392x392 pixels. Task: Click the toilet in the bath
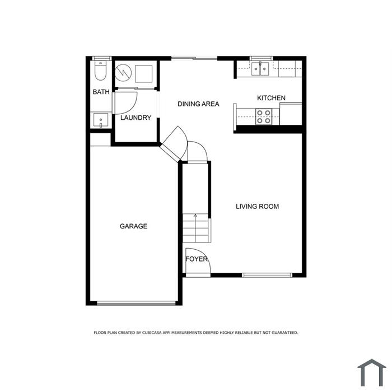click(100, 71)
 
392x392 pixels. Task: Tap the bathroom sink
click(101, 120)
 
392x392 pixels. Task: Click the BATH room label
click(101, 92)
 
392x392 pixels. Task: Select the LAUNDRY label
click(136, 118)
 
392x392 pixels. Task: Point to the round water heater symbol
click(123, 73)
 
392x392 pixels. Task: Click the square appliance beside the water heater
click(144, 74)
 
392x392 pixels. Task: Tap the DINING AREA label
click(198, 104)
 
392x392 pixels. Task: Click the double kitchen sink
click(260, 69)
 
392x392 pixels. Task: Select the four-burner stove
click(264, 116)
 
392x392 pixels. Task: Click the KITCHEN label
click(271, 98)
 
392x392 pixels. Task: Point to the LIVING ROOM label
click(257, 206)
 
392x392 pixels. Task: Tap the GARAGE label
click(133, 226)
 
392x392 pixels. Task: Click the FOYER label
click(197, 259)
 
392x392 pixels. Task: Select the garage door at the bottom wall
click(137, 304)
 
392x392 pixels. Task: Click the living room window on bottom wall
click(267, 276)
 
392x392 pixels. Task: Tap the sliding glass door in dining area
click(194, 58)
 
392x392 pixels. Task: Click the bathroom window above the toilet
click(101, 58)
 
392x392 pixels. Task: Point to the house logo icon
click(372, 372)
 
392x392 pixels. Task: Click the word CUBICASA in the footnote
click(152, 333)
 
